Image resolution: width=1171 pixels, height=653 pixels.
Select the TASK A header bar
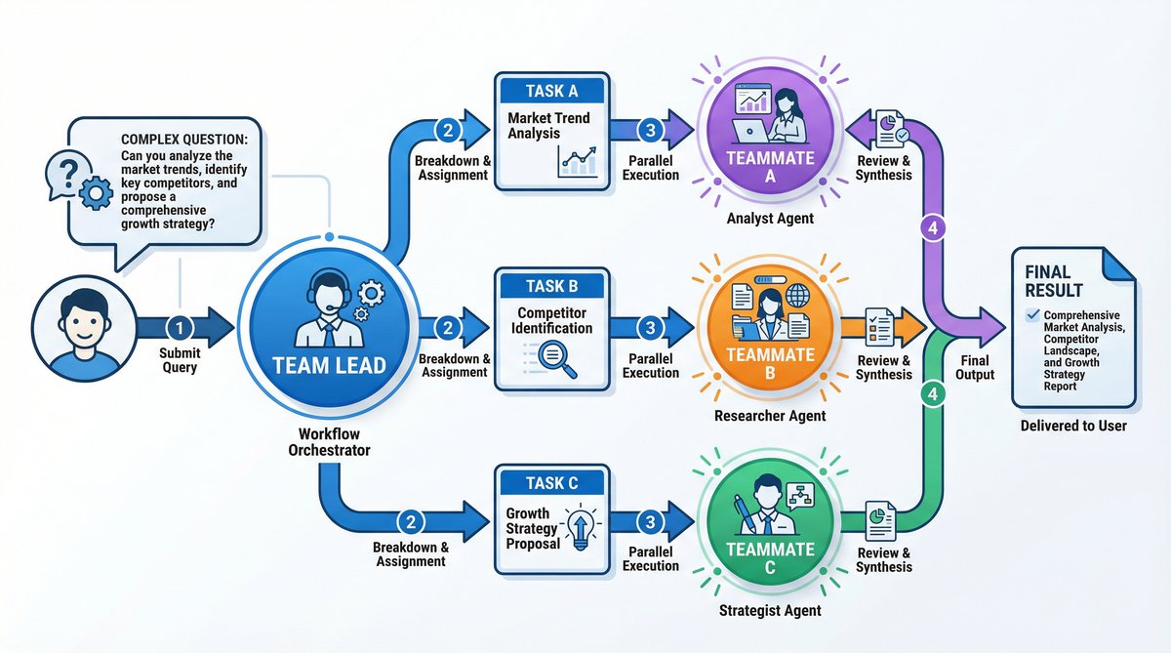[551, 91]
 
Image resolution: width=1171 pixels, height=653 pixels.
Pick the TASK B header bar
[551, 287]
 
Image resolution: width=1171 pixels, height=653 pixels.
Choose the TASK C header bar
[551, 483]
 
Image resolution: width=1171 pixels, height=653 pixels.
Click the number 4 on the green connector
[933, 395]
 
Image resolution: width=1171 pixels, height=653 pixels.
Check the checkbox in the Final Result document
[1032, 315]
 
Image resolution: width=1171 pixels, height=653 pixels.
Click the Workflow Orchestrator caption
[329, 440]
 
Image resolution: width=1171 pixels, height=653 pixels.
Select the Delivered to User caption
[1073, 426]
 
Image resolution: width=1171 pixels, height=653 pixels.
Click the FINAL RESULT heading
[1054, 281]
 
